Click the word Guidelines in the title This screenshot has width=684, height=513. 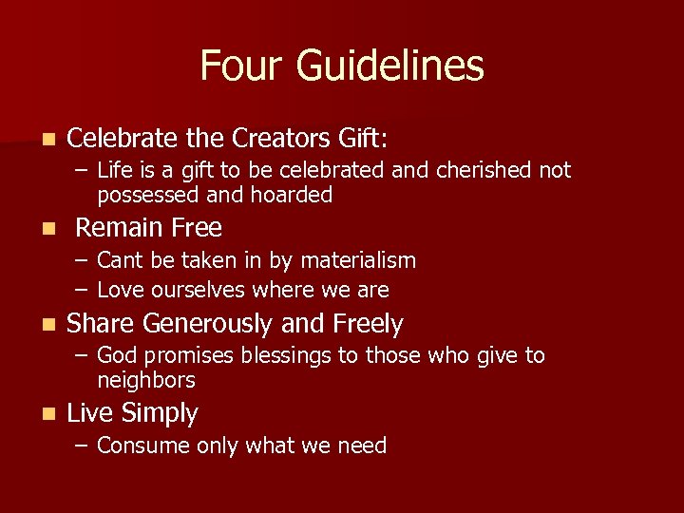tap(389, 66)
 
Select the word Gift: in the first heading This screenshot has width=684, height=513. tap(363, 139)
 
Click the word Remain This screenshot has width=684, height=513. tap(120, 228)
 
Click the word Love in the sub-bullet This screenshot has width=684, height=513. tap(120, 289)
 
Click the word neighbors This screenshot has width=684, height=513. tap(146, 380)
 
